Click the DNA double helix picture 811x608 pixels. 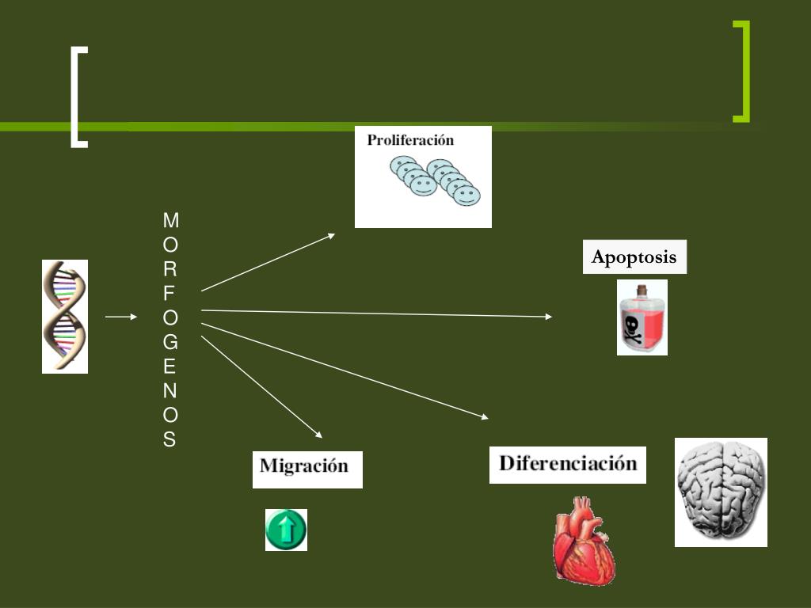click(65, 316)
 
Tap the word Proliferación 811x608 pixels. click(410, 141)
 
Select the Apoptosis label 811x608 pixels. click(634, 257)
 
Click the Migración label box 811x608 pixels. click(307, 468)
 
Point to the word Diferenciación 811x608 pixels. click(567, 464)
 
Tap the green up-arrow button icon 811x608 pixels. click(286, 530)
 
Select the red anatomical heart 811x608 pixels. click(584, 541)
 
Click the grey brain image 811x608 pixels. click(721, 492)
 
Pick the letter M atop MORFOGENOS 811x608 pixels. click(170, 219)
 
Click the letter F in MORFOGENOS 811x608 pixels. click(169, 293)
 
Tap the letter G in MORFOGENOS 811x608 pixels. click(170, 342)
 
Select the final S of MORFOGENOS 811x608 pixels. click(169, 440)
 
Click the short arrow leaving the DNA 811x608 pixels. click(121, 317)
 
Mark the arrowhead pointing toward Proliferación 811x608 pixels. click(331, 234)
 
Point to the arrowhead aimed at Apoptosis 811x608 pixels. click(548, 317)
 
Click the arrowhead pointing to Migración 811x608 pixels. click(318, 435)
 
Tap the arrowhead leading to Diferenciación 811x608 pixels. click(485, 416)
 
